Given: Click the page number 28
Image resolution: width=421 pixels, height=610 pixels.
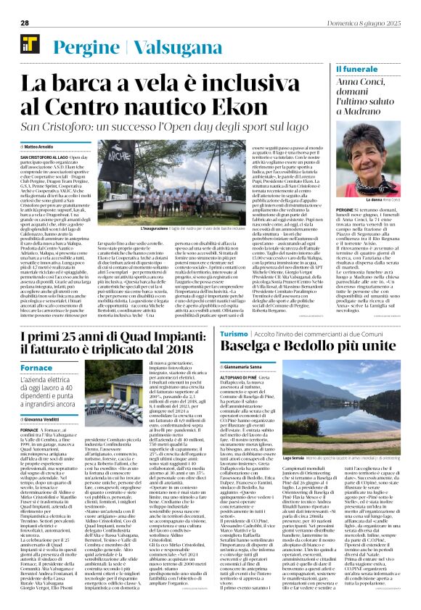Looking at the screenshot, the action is click(25, 22).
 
